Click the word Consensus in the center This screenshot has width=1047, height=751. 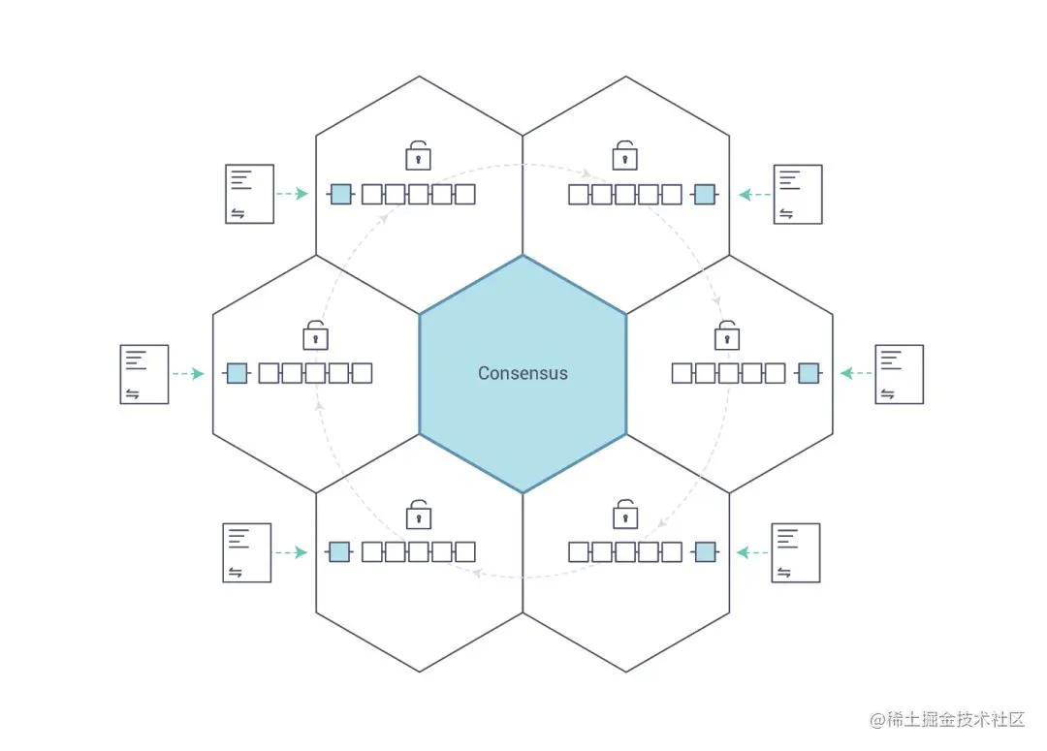click(x=523, y=373)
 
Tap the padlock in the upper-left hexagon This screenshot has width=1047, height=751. click(x=418, y=155)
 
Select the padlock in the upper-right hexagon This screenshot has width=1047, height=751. click(x=624, y=155)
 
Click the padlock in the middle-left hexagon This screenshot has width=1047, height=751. click(x=315, y=335)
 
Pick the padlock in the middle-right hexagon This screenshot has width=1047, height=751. click(x=727, y=335)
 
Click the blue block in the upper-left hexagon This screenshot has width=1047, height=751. click(x=340, y=194)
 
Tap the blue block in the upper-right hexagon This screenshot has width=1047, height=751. click(x=705, y=194)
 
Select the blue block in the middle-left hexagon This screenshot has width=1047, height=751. click(x=237, y=373)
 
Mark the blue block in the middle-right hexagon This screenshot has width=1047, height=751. click(x=808, y=373)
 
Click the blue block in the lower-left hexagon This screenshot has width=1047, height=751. click(x=338, y=552)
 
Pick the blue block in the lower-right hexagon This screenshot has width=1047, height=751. click(x=705, y=552)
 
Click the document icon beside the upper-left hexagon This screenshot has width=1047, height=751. click(x=249, y=194)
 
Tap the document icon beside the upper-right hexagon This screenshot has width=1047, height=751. click(x=798, y=195)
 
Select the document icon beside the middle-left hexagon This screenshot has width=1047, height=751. click(x=143, y=374)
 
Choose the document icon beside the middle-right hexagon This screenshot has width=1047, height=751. click(x=899, y=374)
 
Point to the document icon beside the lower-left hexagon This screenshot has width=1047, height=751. click(x=247, y=553)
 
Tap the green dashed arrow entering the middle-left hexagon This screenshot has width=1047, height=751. click(x=187, y=373)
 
